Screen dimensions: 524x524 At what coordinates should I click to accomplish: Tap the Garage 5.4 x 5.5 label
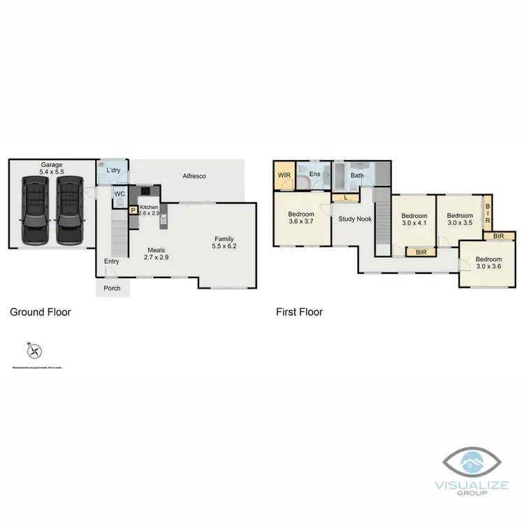click(x=50, y=168)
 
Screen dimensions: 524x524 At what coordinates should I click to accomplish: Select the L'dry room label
click(x=114, y=170)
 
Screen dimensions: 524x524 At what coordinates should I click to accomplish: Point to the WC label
click(x=119, y=194)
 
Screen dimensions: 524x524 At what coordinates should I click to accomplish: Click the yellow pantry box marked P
click(x=133, y=209)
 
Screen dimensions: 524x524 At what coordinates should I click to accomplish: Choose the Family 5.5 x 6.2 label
click(x=224, y=242)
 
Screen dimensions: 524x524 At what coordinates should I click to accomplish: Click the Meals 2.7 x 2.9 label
click(x=157, y=254)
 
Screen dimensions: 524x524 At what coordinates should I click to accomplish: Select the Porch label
click(x=112, y=288)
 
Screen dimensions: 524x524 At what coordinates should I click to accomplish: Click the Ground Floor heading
click(x=41, y=312)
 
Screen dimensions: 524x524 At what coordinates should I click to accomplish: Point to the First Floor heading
click(x=299, y=312)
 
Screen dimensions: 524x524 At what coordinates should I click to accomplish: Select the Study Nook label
click(x=354, y=219)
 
